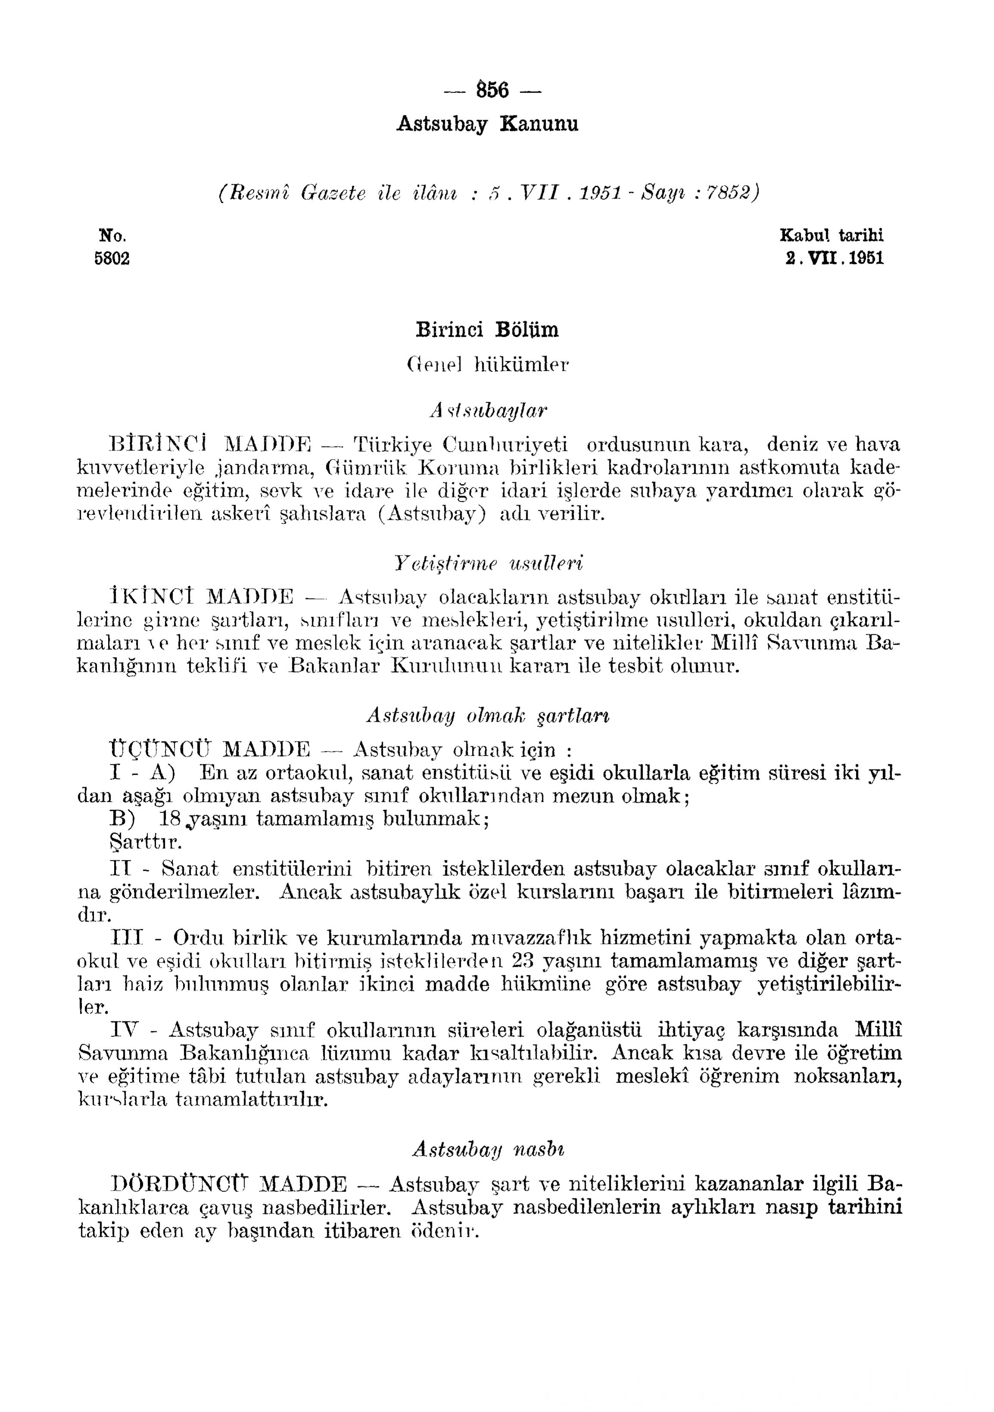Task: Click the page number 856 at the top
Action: click(492, 90)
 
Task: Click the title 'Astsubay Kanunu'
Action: click(487, 124)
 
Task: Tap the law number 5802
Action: click(112, 258)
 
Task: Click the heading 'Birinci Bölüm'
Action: click(487, 330)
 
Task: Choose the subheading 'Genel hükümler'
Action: click(488, 365)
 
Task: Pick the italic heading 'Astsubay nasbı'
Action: click(488, 1149)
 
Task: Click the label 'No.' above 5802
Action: click(112, 236)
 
